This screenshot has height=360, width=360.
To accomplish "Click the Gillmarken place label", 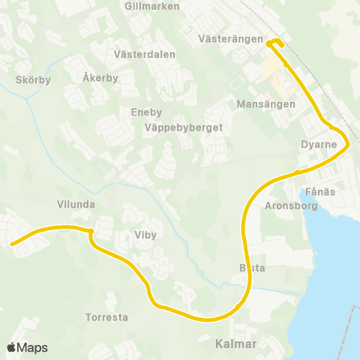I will [x=154, y=5].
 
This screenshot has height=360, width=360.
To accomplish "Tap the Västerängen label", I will [x=231, y=38].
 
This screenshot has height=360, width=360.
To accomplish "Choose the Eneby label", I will [x=146, y=112].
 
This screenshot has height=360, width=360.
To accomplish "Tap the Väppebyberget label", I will [x=184, y=127].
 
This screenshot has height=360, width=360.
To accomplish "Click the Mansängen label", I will [x=265, y=104].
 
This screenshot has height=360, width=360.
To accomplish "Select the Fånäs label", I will [x=320, y=192].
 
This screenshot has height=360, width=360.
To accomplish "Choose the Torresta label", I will [x=106, y=317].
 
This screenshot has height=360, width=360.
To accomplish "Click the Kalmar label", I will [x=235, y=344].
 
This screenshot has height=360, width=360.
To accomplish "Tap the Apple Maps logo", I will [x=27, y=347].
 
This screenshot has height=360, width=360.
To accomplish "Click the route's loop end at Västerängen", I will [x=275, y=42].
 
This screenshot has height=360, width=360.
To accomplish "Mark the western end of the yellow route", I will [x=12, y=243].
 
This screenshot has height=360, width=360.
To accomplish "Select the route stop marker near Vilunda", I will [x=90, y=231].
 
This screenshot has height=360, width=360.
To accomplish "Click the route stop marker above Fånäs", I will [x=298, y=172].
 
